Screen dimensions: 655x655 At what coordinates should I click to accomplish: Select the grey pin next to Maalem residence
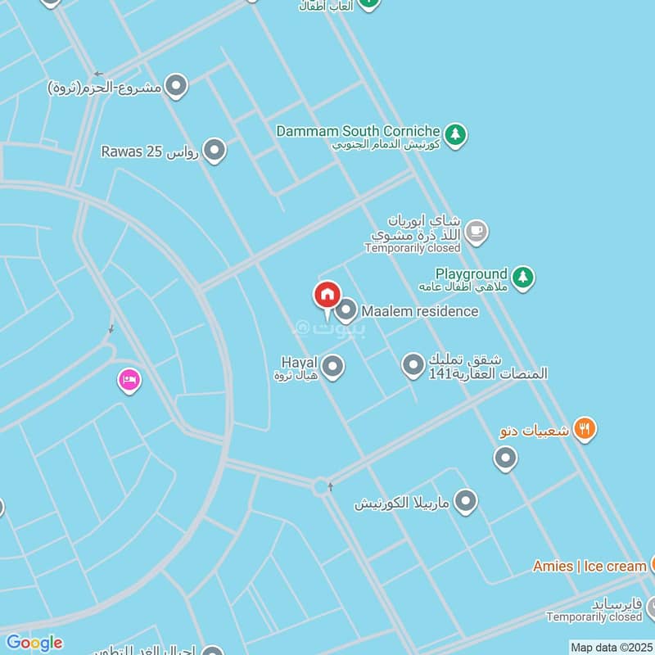click(346, 309)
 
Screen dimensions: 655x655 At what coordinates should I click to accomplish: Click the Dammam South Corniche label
click(358, 131)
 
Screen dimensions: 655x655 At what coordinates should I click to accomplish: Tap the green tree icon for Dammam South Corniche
click(456, 133)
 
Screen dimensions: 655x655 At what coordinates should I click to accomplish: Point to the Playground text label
click(471, 273)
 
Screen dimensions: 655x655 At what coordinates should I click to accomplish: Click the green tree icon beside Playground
click(523, 278)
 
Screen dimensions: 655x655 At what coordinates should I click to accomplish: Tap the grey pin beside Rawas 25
click(214, 151)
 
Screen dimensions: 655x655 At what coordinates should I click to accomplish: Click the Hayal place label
click(299, 362)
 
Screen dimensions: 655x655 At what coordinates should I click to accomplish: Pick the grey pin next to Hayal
click(332, 367)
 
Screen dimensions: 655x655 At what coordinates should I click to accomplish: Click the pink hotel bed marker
click(129, 380)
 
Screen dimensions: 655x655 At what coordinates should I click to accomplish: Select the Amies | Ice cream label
click(589, 566)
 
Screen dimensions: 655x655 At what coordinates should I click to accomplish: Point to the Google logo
click(34, 642)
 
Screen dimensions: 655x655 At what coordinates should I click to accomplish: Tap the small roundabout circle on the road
click(320, 486)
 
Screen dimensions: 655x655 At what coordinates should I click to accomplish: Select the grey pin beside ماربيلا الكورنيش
click(465, 501)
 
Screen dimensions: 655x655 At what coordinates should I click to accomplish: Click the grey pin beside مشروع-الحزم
click(175, 85)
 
